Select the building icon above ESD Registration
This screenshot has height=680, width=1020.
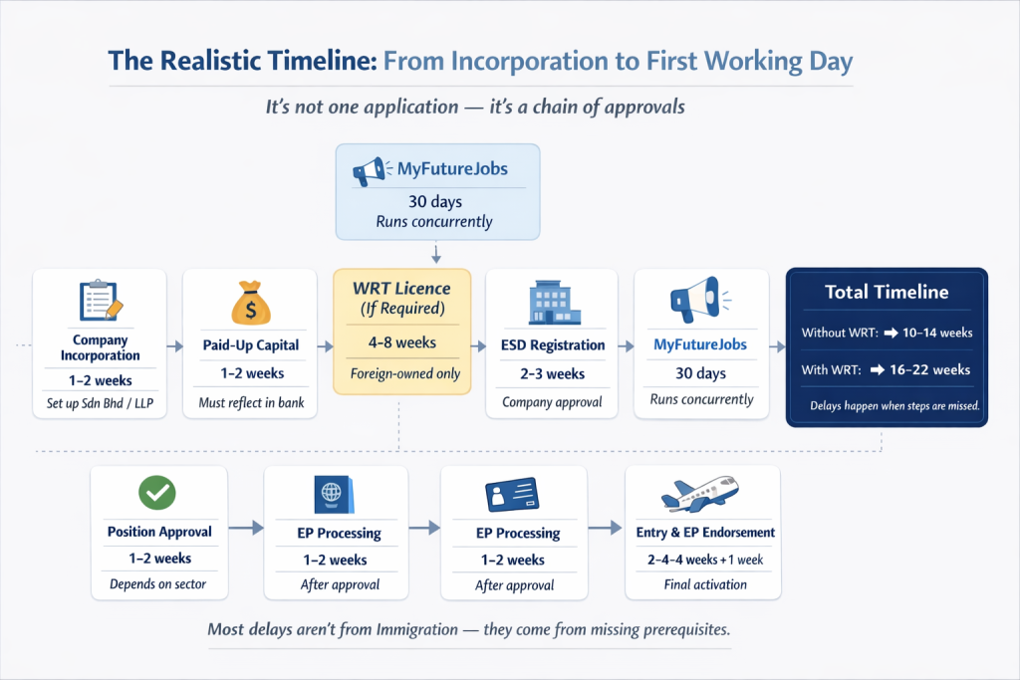coord(553,302)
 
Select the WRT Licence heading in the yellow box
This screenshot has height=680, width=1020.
coord(401,288)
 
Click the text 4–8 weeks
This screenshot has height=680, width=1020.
coord(401,342)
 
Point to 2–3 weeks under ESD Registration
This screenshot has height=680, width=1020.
coord(553,374)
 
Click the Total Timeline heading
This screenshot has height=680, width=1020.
coord(887,292)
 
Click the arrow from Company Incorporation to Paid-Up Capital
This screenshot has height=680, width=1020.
coord(175,346)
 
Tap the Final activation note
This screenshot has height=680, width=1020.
coord(705,584)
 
